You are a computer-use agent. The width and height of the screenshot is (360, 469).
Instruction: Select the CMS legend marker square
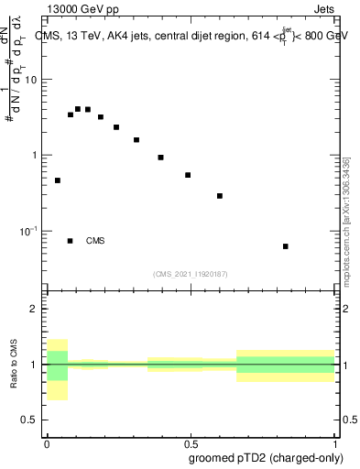pyautogui.click(x=71, y=241)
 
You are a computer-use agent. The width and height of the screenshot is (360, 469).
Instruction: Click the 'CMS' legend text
pyautogui.click(x=95, y=241)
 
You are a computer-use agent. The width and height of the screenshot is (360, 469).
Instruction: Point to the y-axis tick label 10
pyautogui.click(x=32, y=80)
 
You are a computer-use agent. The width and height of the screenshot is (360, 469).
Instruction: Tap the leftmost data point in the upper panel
pyautogui.click(x=58, y=180)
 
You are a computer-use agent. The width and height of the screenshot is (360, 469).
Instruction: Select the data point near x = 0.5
pyautogui.click(x=188, y=175)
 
